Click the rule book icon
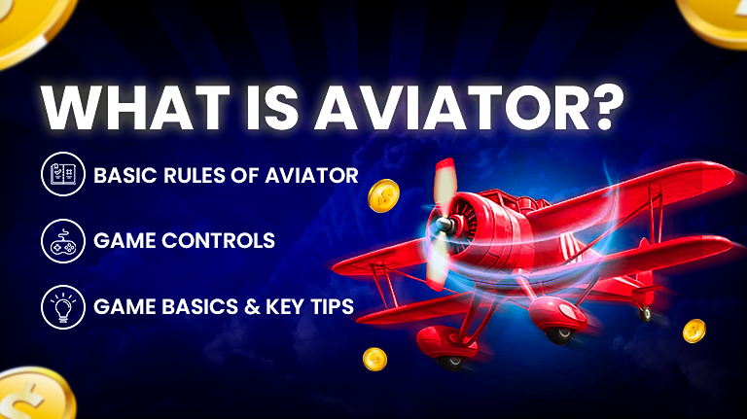tap(63, 174)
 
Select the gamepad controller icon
tap(63, 241)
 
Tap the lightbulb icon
tap(63, 307)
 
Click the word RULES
tap(195, 175)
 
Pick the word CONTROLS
tap(218, 240)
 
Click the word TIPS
tap(333, 306)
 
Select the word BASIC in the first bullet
tap(125, 175)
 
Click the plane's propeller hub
tap(445, 225)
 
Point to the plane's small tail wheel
tap(646, 313)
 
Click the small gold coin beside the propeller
tap(383, 195)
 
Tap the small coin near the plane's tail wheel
tap(694, 331)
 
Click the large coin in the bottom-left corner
tap(33, 396)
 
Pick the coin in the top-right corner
tap(715, 19)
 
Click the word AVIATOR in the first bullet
tap(311, 175)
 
